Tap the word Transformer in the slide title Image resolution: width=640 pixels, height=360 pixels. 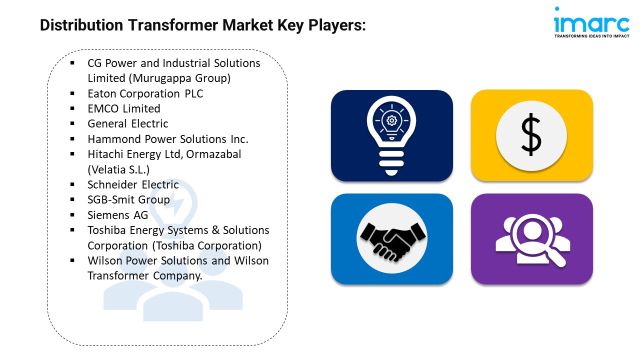pos(173,25)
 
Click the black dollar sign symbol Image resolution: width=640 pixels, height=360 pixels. pos(531,134)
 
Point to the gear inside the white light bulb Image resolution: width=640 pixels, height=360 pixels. pos(391,120)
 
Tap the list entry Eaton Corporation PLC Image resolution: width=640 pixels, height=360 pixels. pos(145,93)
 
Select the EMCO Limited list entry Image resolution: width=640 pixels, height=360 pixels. pos(123,109)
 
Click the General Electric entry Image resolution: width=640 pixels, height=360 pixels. pos(127,124)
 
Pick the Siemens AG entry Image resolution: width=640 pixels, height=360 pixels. pos(117,215)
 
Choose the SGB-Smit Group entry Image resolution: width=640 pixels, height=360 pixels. pos(128,200)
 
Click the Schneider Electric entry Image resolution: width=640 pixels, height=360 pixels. pos(133,185)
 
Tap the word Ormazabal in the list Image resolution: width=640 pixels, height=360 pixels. pos(213,154)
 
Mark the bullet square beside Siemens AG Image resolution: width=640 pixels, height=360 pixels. pos(72,214)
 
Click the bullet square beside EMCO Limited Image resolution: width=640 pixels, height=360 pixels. pos(72,108)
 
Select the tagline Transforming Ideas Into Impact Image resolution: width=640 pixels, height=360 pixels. pos(591,36)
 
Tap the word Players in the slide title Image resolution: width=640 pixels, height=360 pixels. pos(337,25)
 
